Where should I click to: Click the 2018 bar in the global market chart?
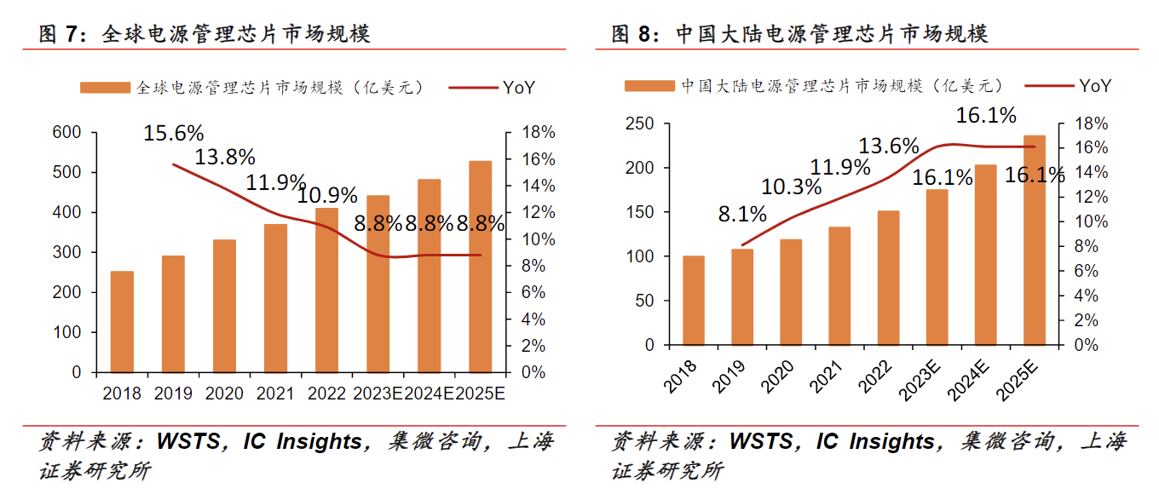pos(122,322)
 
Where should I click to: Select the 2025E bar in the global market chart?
pos(481,267)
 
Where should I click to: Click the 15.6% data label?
pos(173,134)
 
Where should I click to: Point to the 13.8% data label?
pos(225,158)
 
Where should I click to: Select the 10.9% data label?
pos(327,196)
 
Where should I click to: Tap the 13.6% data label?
pos(888,146)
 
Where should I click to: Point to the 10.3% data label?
pos(792,187)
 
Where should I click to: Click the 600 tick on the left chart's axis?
pos(67,133)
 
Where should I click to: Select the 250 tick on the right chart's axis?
pos(638,124)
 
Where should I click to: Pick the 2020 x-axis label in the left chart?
pos(225,394)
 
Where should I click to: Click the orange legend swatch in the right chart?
pos(649,86)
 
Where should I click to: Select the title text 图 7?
pos(63,35)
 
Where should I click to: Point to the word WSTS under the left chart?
pos(194,442)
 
